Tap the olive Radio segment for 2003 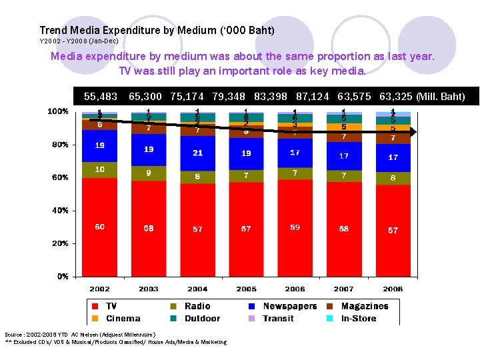(x=149, y=174)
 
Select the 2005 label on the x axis (x=246, y=289)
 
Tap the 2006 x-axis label (x=295, y=289)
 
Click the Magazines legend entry (x=364, y=306)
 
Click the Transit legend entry (x=278, y=318)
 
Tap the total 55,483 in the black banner (x=101, y=97)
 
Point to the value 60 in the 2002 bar (x=99, y=227)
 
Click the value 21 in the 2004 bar (x=197, y=153)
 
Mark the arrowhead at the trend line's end (x=413, y=133)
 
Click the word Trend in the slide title (x=53, y=30)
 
